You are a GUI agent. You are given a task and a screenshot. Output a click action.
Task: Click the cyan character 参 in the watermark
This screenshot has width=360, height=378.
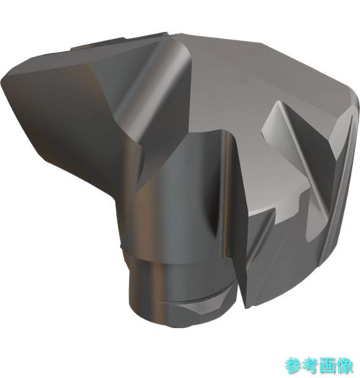292,366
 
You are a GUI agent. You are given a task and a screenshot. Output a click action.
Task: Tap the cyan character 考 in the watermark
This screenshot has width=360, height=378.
310,366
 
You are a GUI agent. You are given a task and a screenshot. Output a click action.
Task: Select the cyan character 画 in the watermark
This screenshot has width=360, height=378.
328,366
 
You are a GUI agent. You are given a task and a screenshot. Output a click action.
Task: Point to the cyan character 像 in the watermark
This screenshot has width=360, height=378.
345,366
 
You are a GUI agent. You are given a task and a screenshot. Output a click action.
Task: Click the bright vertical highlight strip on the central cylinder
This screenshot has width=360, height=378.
226,193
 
